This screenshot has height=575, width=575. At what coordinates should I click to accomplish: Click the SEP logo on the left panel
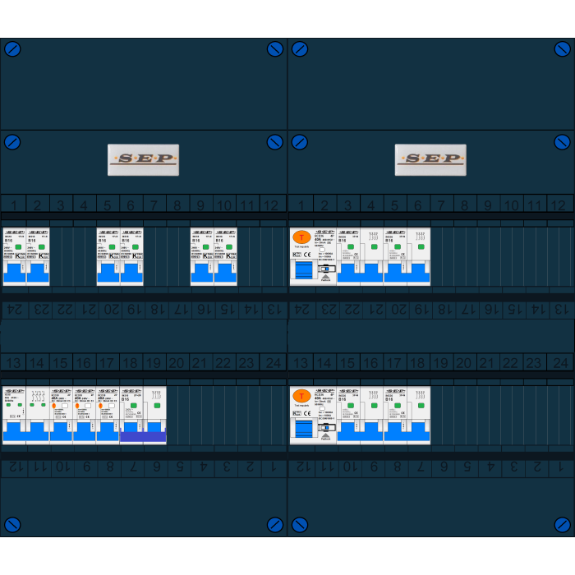coord(143,159)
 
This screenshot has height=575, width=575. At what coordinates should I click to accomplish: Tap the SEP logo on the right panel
coord(430,159)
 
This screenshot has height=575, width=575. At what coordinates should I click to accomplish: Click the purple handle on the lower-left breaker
coord(143,437)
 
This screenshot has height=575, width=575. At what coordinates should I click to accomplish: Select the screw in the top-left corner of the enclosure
coord(12,48)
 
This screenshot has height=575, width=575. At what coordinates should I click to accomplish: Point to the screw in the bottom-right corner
coord(563,524)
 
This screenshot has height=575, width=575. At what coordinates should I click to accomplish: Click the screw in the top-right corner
coord(563,48)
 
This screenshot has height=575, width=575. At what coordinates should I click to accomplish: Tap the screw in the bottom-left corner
coord(12,524)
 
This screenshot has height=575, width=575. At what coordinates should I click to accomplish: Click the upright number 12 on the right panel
coord(558,205)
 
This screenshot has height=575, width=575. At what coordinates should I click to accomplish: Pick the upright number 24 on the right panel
coord(560,363)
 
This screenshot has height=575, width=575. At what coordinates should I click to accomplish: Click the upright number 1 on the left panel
coord(13,205)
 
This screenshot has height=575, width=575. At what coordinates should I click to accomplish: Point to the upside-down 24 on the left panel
coord(14,310)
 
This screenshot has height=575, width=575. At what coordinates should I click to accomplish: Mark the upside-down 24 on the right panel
coord(301,310)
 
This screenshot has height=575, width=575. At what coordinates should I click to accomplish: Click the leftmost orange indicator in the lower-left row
coord(54,406)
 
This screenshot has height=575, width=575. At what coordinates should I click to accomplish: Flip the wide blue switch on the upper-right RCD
coord(304,272)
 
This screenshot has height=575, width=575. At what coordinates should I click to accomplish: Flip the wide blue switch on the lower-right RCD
coord(304,430)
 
